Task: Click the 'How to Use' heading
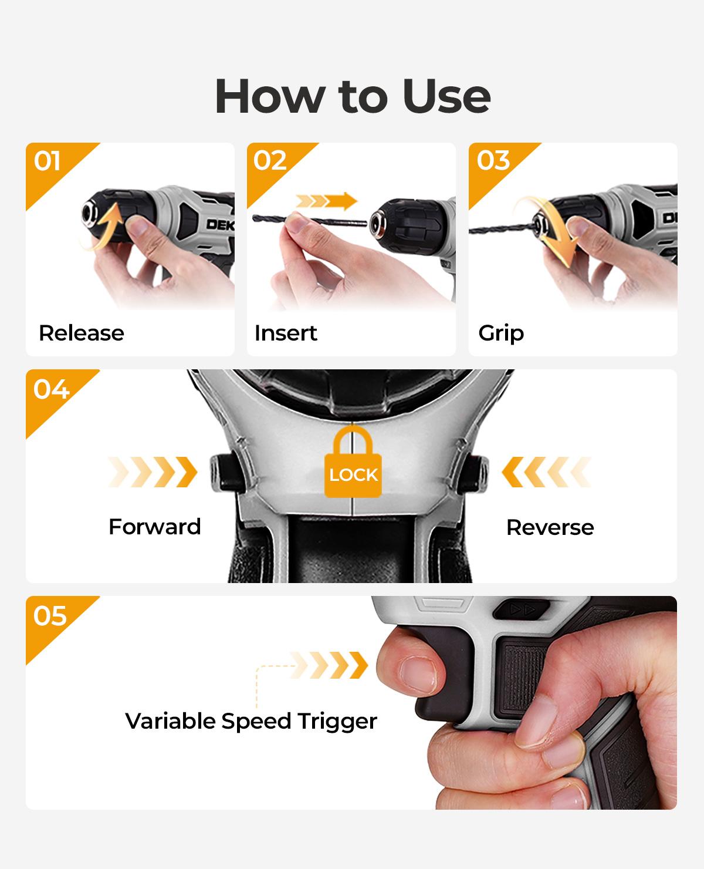[x=352, y=96]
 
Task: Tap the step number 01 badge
[x=47, y=161]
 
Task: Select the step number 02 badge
[x=270, y=161]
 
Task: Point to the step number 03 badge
[x=493, y=161]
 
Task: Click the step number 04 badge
[x=50, y=389]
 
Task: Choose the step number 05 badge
[x=50, y=616]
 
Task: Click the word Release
[x=81, y=333]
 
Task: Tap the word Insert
[x=285, y=333]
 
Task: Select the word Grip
[x=501, y=333]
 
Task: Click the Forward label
[x=154, y=527]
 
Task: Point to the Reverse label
[x=550, y=527]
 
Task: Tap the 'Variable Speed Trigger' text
[x=251, y=721]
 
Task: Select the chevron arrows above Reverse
[x=546, y=472]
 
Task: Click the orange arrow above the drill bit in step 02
[x=326, y=201]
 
